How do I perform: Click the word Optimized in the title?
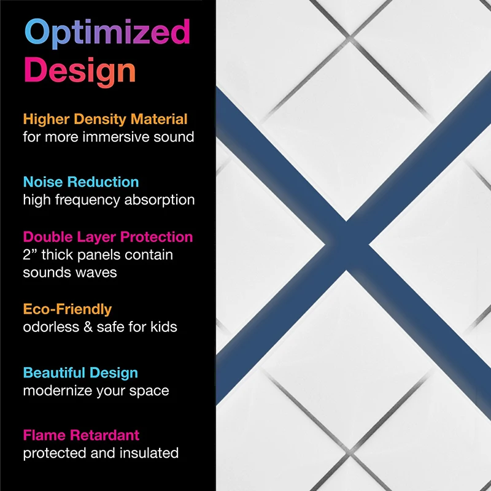point(107,33)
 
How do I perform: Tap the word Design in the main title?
point(80,71)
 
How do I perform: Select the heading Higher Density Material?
point(105,119)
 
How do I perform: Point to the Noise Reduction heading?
point(81,182)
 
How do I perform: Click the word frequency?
point(88,201)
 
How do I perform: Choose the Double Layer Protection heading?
point(108,237)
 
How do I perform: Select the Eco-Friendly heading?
point(68,309)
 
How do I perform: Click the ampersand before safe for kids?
point(88,327)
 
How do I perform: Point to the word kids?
point(164,327)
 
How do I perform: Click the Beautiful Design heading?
point(80,373)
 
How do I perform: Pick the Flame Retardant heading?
point(81,435)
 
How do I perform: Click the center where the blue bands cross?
point(346,245)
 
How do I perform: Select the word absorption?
point(160,201)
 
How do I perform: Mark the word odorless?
point(51,327)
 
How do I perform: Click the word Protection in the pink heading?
point(157,237)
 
